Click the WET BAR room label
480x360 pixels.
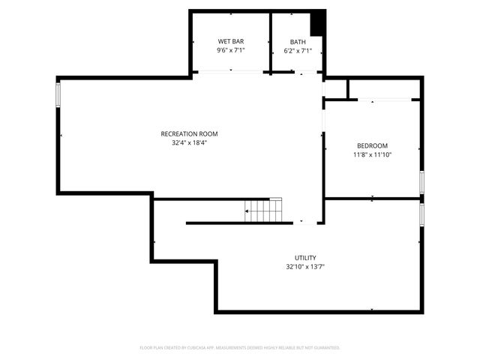tap(231, 41)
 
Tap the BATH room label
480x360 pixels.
tap(297, 41)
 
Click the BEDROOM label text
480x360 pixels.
tap(372, 145)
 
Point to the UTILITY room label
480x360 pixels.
tap(304, 257)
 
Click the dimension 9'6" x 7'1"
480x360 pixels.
tap(231, 50)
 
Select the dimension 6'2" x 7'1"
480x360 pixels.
tap(297, 50)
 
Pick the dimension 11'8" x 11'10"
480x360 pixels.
tap(372, 154)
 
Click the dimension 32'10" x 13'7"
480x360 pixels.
tap(304, 266)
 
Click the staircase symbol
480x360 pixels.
tap(265, 211)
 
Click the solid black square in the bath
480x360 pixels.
tap(317, 22)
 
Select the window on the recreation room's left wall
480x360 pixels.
tap(58, 94)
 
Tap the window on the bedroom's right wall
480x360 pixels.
tap(422, 181)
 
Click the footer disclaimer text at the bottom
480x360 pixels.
tap(240, 348)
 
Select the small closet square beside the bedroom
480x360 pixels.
tap(336, 88)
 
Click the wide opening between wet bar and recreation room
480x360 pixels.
tap(231, 72)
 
